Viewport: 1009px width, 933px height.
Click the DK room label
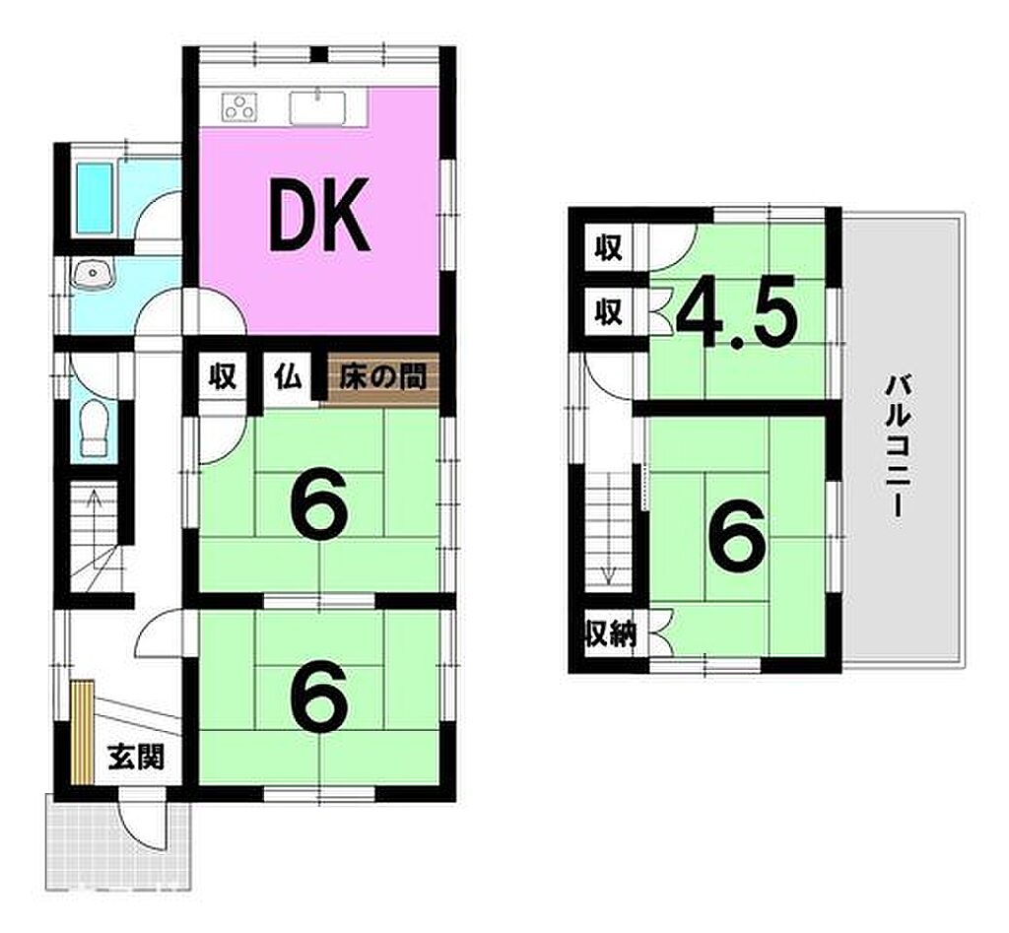320,214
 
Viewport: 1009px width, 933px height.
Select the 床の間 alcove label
383,377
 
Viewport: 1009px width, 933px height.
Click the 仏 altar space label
289,377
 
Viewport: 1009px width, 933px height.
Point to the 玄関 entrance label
136,757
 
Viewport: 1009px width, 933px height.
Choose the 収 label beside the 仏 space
224,377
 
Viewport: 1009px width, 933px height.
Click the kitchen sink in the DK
318,106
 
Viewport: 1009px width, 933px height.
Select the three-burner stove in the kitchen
239,106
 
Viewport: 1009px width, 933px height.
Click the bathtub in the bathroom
95,198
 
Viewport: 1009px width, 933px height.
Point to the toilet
94,428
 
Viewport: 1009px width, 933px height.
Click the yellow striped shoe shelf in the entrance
83,731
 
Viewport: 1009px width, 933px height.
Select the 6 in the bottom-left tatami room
320,700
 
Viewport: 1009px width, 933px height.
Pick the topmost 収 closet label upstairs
608,247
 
